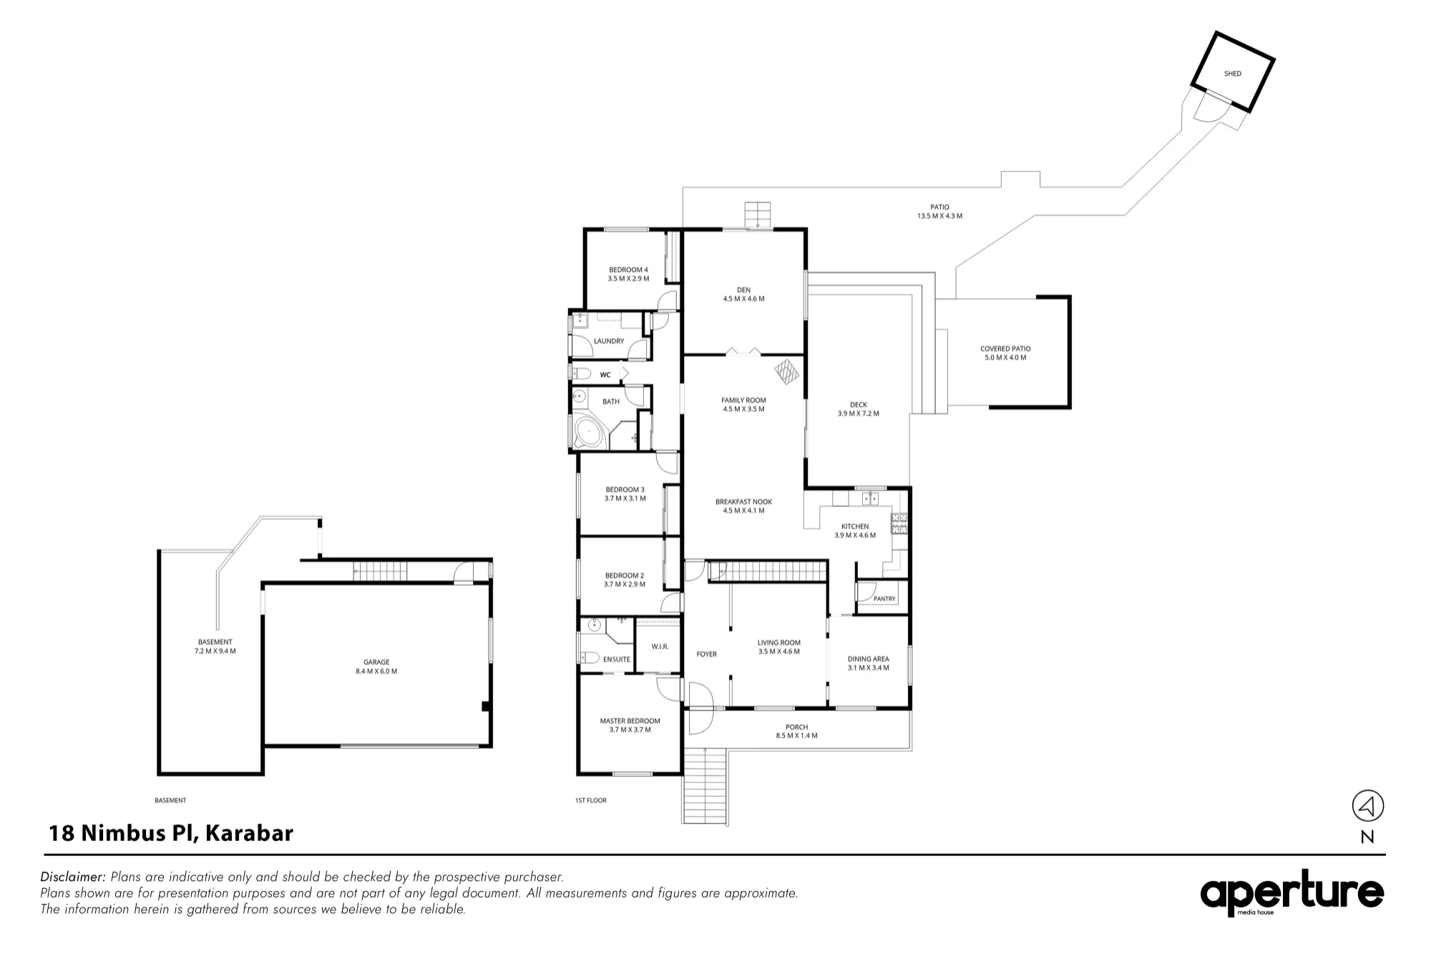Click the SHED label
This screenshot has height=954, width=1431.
(x=1232, y=74)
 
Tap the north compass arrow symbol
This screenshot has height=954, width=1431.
(x=1367, y=806)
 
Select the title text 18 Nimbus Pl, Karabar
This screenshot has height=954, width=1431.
(x=171, y=833)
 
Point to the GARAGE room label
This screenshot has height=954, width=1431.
(x=376, y=662)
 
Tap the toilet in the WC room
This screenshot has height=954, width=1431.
(x=580, y=373)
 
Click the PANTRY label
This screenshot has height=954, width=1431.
(x=884, y=599)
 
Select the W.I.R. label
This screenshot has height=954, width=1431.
(x=660, y=646)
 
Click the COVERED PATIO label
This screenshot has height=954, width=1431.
(x=1005, y=349)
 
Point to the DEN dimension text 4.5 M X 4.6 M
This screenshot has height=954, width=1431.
(x=743, y=299)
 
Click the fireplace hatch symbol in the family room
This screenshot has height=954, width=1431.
(x=787, y=372)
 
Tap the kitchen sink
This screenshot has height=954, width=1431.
(x=870, y=498)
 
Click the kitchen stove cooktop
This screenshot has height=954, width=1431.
(x=899, y=523)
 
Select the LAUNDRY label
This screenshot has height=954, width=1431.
(x=609, y=341)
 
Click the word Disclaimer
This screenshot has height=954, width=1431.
(x=73, y=877)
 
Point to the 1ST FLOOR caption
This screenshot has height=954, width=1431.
(x=590, y=800)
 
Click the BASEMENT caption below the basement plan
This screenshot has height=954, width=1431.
(x=170, y=800)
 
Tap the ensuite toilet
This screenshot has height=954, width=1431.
(x=589, y=657)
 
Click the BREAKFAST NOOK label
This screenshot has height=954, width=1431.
(x=743, y=502)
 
